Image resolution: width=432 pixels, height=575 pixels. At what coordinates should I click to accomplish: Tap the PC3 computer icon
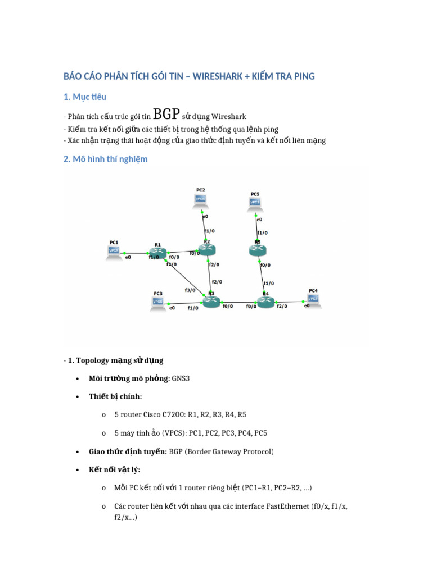point(158,302)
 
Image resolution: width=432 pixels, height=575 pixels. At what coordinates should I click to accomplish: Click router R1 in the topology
point(158,253)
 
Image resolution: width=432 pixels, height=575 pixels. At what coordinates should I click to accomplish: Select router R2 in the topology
point(207,250)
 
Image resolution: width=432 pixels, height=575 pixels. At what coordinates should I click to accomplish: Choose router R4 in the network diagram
point(265,302)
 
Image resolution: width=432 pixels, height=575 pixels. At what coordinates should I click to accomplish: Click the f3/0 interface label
point(190,290)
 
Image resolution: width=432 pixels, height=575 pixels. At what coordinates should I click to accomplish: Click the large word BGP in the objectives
point(166,115)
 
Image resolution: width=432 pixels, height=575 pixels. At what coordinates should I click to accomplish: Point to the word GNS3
point(181,378)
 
